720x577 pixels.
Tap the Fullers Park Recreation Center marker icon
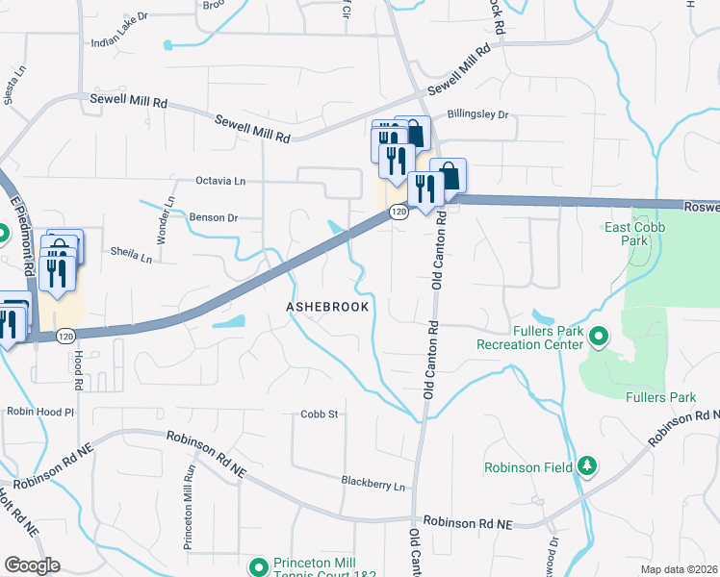click(x=599, y=337)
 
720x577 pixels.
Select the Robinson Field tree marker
click(x=585, y=467)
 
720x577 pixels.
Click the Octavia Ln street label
click(x=220, y=180)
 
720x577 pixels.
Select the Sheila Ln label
click(x=133, y=257)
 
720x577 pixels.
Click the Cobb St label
click(x=320, y=414)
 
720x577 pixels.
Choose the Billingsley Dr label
click(x=476, y=114)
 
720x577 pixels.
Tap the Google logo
click(x=32, y=565)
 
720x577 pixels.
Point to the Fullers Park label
click(x=660, y=397)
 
